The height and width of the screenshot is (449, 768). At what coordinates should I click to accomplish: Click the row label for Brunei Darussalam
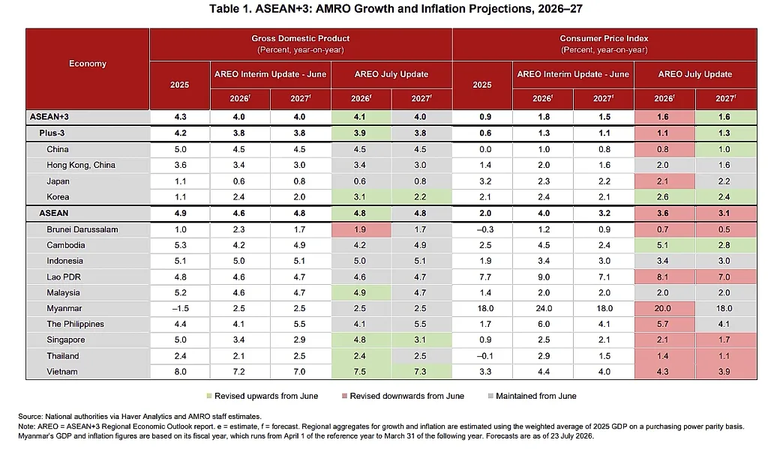[82, 229]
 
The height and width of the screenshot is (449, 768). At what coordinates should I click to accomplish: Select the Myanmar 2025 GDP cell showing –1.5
[180, 309]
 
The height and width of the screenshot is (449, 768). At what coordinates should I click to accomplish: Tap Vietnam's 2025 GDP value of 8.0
[180, 372]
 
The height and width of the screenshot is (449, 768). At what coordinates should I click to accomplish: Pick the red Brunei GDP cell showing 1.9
[361, 229]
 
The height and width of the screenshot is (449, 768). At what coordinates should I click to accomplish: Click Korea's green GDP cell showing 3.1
[361, 197]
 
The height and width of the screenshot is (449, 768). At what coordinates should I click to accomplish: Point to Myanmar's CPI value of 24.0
[544, 309]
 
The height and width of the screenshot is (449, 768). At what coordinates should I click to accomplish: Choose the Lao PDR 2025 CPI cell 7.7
[485, 277]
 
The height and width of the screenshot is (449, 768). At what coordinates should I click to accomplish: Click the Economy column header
[88, 64]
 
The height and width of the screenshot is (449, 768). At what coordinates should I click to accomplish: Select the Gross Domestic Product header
[301, 38]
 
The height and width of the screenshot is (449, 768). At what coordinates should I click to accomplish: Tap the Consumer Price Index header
[604, 38]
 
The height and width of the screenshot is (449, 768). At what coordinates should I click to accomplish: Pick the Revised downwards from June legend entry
[403, 396]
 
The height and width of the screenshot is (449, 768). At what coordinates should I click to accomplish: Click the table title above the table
[396, 9]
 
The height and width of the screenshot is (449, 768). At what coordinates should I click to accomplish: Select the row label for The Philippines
[76, 324]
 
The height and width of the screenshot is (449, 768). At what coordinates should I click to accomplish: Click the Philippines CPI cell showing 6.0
[544, 324]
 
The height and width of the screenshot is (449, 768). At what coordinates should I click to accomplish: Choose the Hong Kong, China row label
[81, 165]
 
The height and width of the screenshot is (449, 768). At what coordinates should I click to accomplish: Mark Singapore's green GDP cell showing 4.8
[361, 340]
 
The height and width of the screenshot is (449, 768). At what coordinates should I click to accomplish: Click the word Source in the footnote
[30, 417]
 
